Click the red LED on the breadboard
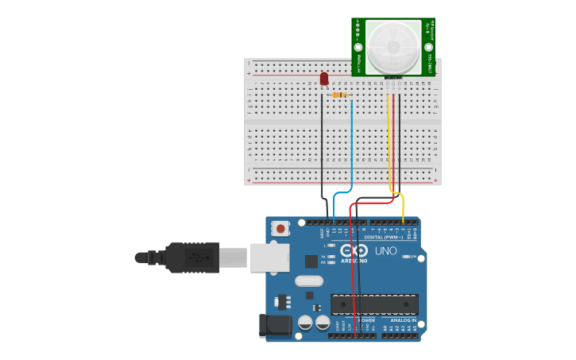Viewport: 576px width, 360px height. coord(324,78)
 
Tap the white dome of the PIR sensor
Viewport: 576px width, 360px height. coord(393,47)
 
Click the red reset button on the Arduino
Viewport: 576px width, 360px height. coord(280,228)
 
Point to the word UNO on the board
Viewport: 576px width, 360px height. coord(385,250)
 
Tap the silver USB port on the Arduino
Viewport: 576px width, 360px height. coord(269,257)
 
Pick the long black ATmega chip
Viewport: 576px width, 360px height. coord(374,304)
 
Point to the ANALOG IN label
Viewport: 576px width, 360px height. coord(403,320)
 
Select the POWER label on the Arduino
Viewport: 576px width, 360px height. coord(355,320)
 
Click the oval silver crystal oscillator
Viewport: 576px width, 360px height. coord(308,281)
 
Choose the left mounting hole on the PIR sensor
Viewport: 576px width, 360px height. coord(358,47)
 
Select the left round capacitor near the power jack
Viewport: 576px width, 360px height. coord(305,322)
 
